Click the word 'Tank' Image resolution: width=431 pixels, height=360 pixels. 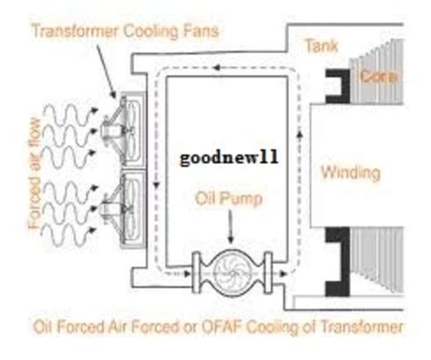(321, 43)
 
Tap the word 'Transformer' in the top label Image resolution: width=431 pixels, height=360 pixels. (68, 30)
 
